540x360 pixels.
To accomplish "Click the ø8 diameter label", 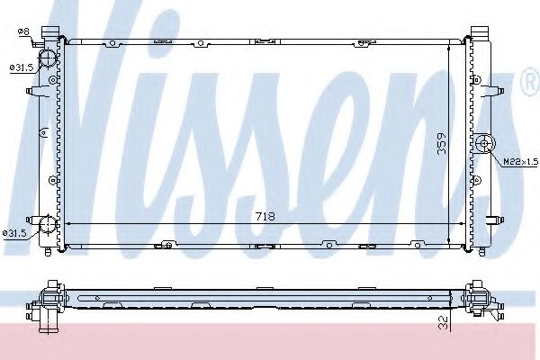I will click(23, 33).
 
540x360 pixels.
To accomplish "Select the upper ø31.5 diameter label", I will click(20, 67).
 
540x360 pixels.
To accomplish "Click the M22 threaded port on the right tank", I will click(485, 143).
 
